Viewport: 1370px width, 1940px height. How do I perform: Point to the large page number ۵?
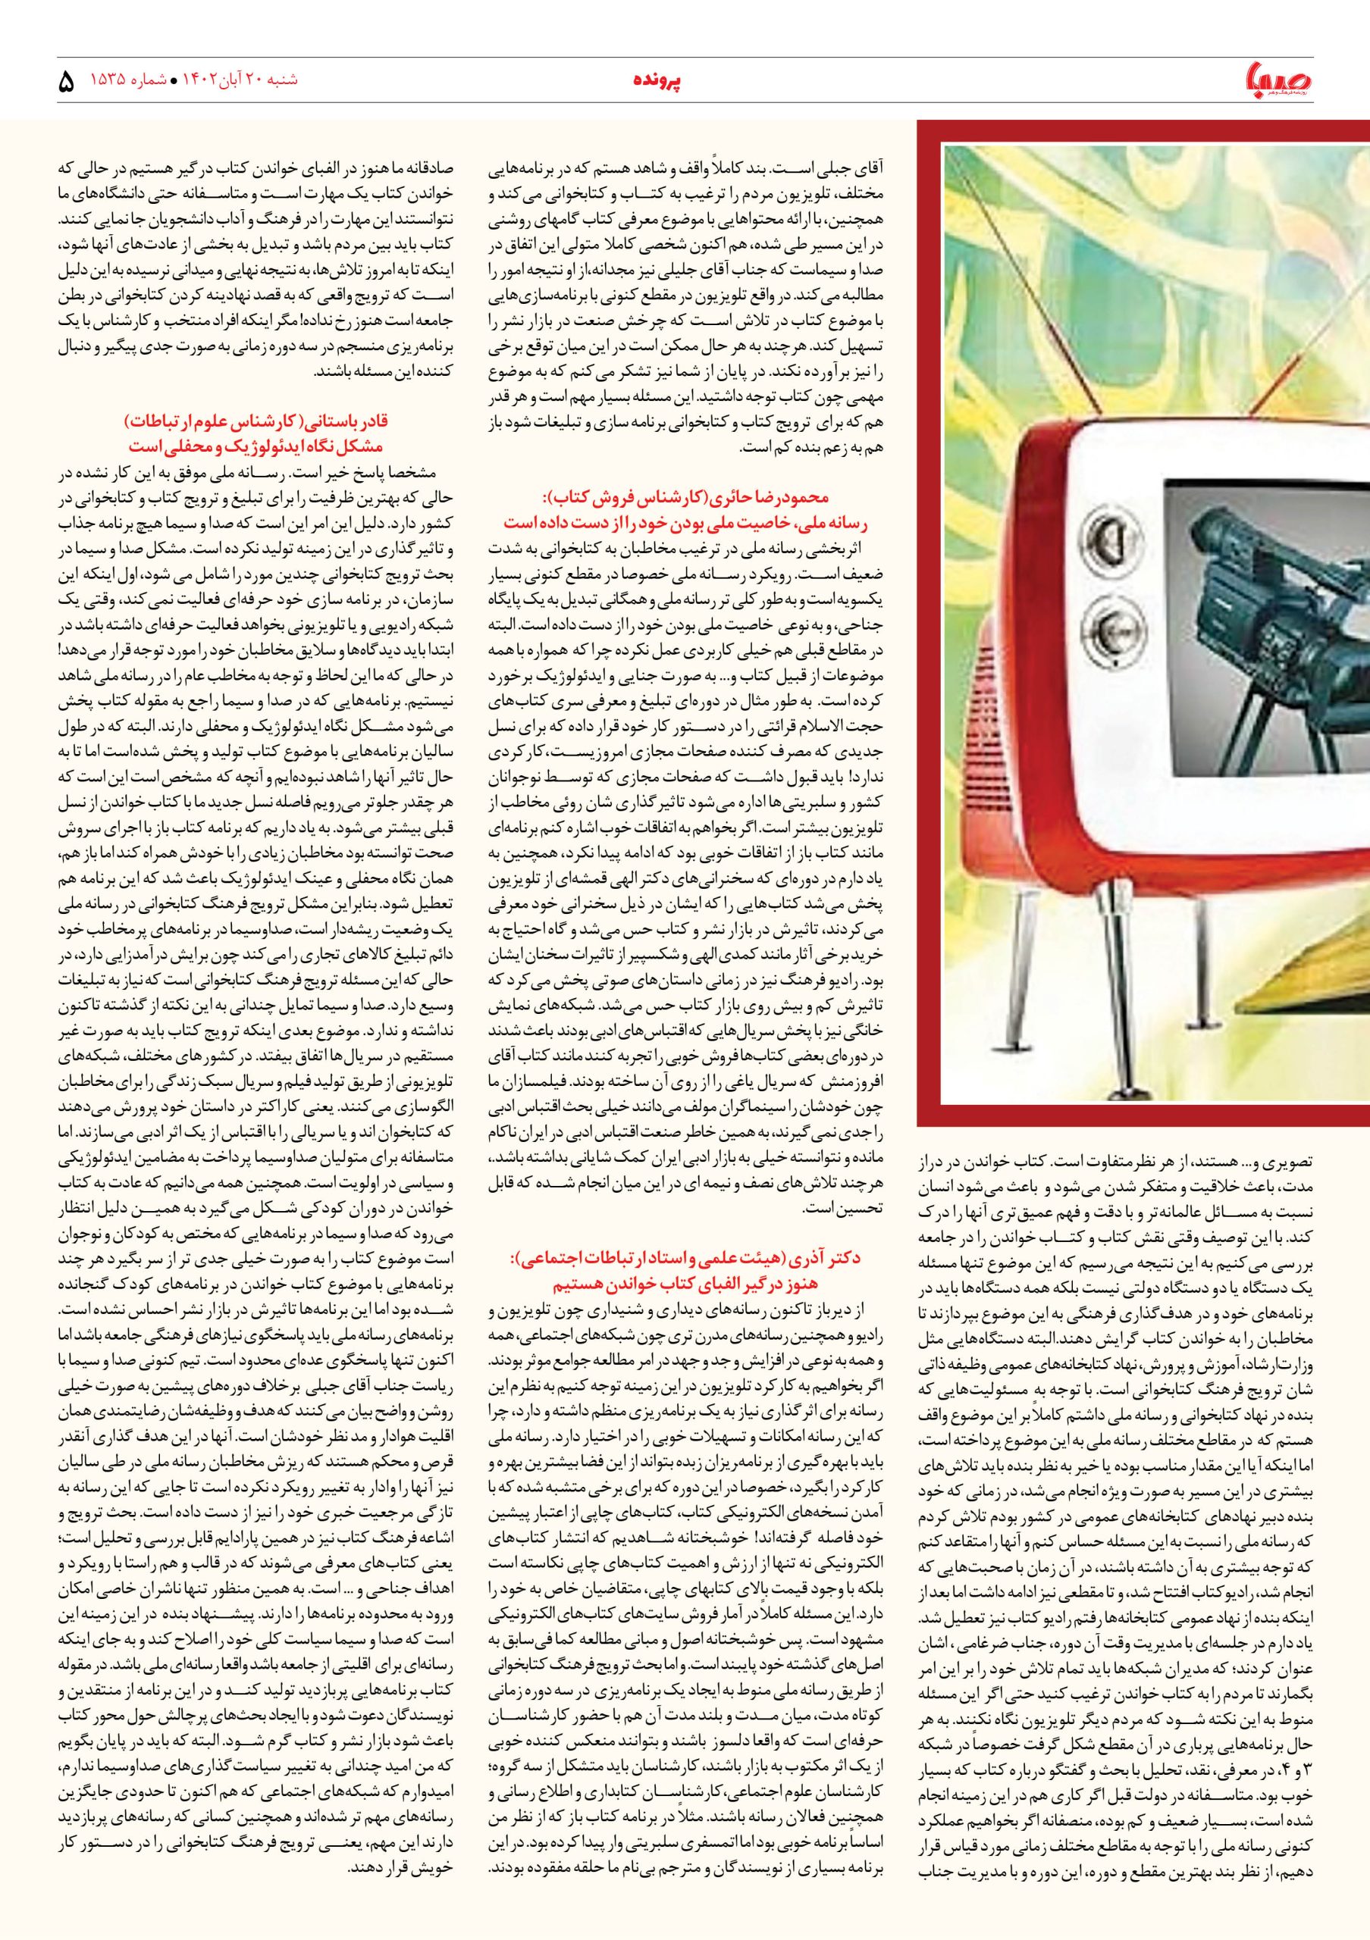coord(66,83)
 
